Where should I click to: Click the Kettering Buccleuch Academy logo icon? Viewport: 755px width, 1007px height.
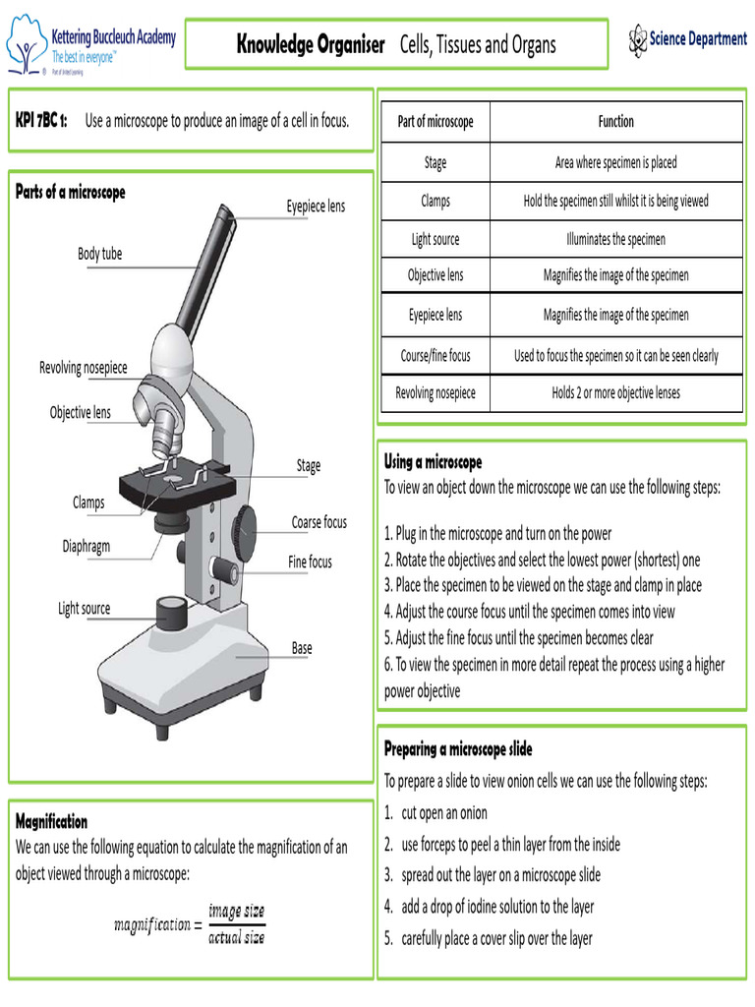(x=27, y=43)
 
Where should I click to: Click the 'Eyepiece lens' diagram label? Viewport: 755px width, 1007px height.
(x=316, y=207)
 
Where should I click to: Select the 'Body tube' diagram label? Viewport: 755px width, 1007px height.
(x=100, y=254)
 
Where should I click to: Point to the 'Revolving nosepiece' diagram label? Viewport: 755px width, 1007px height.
(x=84, y=368)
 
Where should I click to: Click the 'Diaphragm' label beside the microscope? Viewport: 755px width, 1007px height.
(x=87, y=546)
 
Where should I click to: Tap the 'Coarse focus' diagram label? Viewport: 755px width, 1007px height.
(x=319, y=522)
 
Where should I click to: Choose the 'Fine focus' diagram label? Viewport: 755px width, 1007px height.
(x=310, y=563)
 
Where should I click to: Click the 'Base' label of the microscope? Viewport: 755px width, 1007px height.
(x=302, y=648)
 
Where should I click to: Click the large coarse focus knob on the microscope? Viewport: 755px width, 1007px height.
(x=245, y=531)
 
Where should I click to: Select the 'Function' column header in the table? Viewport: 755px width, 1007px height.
(x=615, y=122)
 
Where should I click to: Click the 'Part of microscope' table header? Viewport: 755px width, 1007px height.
(x=435, y=122)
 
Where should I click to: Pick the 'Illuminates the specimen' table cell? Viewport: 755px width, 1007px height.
(x=615, y=239)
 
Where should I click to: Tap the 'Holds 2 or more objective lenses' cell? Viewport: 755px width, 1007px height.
(x=615, y=392)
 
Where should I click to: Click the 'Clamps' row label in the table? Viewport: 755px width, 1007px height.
(x=435, y=201)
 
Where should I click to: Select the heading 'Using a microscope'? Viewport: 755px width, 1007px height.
(x=433, y=462)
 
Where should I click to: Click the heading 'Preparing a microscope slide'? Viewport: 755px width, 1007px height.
(x=457, y=749)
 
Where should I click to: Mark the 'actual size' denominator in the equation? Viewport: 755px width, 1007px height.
(x=236, y=938)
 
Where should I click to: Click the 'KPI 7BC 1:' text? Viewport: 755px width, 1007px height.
(x=41, y=121)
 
